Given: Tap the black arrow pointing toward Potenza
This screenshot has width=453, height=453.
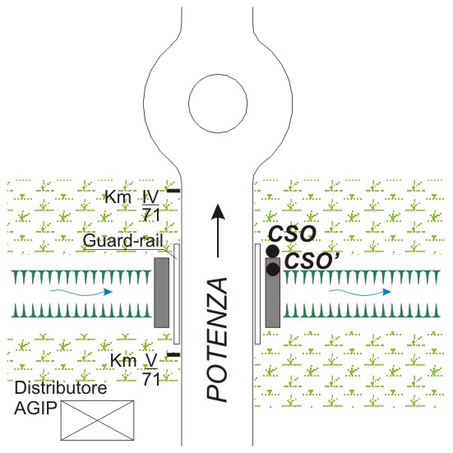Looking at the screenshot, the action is (218, 230).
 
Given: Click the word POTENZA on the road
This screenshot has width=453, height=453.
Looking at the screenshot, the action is (217, 340).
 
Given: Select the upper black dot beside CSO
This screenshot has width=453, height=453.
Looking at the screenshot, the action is (272, 252).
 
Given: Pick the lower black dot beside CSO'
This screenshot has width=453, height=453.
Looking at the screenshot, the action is (273, 270).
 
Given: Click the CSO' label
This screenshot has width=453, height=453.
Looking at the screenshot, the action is (312, 261).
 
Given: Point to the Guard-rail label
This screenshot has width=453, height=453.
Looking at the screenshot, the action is (123, 240).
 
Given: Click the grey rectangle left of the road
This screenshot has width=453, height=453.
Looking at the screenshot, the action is (161, 293).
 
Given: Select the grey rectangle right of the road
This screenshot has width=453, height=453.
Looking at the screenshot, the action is (273, 293).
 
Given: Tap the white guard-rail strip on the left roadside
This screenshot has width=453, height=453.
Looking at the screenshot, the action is (177, 294).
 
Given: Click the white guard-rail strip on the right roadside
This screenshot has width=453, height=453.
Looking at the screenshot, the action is (257, 294).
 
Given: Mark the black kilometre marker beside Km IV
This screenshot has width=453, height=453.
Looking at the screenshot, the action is (173, 191).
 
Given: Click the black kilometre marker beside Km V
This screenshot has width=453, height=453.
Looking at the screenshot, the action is (173, 354).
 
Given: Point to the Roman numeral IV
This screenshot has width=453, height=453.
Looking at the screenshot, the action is (150, 197).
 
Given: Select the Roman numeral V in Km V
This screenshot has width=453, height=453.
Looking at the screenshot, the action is (151, 361).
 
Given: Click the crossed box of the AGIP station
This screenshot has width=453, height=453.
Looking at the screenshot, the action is (97, 420).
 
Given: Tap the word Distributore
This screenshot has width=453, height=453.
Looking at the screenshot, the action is (61, 388).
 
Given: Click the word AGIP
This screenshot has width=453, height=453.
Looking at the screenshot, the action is (35, 408).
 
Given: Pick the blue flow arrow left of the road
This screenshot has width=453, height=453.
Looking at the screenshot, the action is (81, 293).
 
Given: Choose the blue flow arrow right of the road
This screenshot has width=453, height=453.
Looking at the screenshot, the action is (360, 293).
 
